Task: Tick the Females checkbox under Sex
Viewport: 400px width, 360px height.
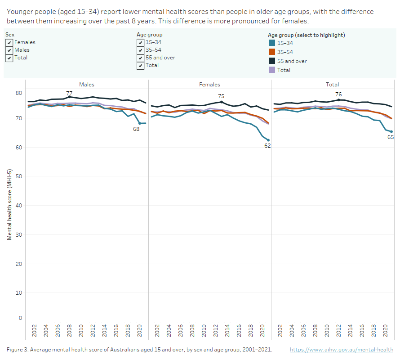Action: pos(9,42)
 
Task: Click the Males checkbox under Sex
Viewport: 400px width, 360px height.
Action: pos(9,50)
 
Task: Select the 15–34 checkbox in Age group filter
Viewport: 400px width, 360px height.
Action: pos(141,42)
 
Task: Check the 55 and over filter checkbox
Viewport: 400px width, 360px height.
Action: pos(141,58)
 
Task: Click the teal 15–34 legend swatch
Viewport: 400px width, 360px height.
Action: pos(271,43)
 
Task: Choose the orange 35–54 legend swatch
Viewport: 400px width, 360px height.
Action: pos(271,52)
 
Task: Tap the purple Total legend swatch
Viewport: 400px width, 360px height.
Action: pos(271,70)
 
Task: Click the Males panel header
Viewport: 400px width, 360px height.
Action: pos(87,84)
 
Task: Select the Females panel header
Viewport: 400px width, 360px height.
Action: pos(209,84)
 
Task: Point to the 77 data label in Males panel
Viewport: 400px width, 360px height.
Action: pos(69,94)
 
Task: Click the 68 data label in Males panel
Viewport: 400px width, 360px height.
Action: pos(136,129)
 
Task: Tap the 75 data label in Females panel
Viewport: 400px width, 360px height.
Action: pos(222,96)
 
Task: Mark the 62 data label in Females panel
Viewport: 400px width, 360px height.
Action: pos(267,145)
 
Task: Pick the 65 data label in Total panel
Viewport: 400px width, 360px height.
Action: pos(391,137)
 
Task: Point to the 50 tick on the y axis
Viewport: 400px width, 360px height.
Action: pos(19,176)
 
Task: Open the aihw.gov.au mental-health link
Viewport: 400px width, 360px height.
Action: pos(342,350)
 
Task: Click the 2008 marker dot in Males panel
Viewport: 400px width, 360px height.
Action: pos(69,97)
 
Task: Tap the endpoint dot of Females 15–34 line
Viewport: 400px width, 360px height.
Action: pos(268,140)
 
